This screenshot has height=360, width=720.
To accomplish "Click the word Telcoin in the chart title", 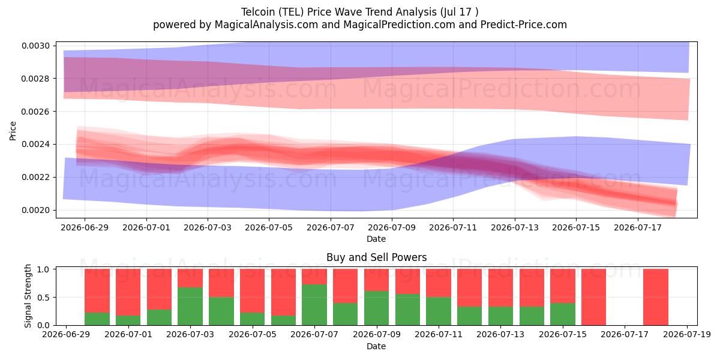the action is [258, 12].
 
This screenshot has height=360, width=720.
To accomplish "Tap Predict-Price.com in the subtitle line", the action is [524, 25].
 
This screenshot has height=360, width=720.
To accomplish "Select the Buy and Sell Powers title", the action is [376, 257].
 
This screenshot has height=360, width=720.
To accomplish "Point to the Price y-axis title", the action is [13, 131].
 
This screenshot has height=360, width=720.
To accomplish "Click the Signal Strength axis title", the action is [28, 296].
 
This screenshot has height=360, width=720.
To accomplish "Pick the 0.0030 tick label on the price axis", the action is [35, 46].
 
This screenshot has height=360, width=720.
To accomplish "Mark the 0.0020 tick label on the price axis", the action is [35, 210].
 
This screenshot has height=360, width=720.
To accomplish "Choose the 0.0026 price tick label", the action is [35, 112].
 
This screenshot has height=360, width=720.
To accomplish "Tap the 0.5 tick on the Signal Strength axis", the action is [43, 298].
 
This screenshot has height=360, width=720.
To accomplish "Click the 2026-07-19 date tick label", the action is [687, 335].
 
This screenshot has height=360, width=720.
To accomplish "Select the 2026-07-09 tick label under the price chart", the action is [391, 227].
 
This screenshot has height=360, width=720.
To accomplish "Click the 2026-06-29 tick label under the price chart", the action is [85, 227].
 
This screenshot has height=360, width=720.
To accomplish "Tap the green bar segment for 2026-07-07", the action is [314, 305].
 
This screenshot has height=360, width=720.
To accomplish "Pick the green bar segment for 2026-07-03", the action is [190, 307].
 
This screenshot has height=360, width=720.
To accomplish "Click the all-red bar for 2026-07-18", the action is [656, 297].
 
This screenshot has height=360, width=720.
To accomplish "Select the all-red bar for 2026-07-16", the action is [593, 297].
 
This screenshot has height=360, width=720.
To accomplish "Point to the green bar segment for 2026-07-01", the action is [128, 320].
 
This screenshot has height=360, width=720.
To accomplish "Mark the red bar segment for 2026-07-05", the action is [252, 291].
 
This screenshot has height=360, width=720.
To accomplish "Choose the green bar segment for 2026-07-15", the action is [563, 314].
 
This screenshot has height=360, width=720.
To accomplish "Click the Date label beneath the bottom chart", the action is [376, 346].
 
